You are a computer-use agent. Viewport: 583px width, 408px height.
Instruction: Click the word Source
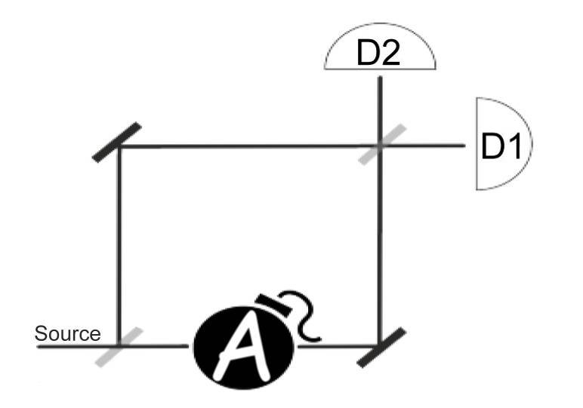tap(67, 334)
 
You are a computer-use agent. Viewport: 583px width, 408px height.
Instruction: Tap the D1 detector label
tap(501, 146)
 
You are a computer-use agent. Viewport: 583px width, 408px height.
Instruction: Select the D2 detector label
tap(378, 53)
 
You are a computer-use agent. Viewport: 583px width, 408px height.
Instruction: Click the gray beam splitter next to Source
tap(119, 347)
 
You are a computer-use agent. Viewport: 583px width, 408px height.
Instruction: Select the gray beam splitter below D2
tap(382, 144)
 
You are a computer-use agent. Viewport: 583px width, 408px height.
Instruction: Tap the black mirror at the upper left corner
tap(117, 143)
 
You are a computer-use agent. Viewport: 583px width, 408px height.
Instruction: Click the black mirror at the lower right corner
tap(381, 348)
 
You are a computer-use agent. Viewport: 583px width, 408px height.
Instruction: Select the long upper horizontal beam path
tap(248, 146)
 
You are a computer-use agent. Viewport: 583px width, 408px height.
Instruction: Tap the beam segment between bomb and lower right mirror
tap(338, 347)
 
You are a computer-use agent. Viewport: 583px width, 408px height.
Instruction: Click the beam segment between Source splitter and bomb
tap(154, 346)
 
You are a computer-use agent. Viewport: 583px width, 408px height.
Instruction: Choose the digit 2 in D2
tap(390, 53)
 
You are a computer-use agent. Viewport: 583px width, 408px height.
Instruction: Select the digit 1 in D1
tap(515, 146)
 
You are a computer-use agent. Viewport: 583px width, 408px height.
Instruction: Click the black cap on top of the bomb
tap(274, 303)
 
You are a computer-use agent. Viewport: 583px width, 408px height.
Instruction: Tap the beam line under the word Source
tap(77, 347)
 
